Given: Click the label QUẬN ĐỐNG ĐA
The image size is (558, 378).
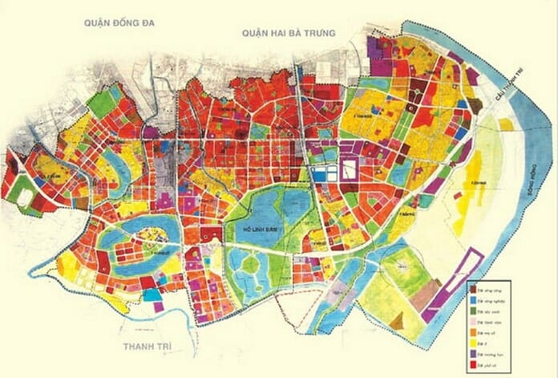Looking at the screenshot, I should click(119, 23).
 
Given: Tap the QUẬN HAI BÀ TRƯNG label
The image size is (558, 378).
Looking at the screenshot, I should click(288, 32).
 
